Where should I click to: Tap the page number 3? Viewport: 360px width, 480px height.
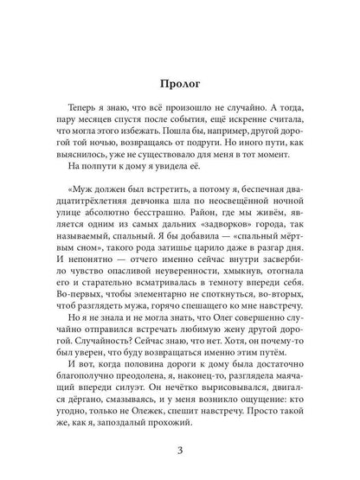pos(179,448)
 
